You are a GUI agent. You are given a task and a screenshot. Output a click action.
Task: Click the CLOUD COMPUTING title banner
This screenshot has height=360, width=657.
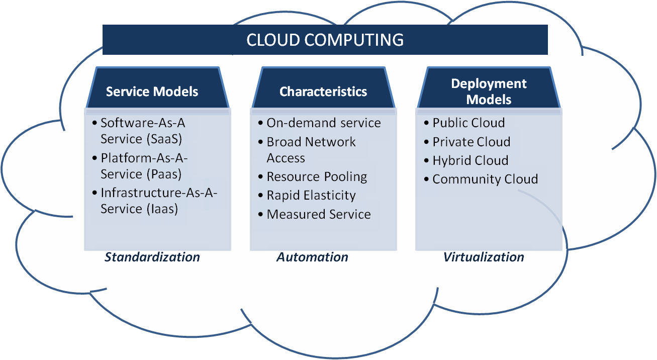[325, 40]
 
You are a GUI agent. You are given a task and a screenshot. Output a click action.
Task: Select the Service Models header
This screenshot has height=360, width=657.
[152, 92]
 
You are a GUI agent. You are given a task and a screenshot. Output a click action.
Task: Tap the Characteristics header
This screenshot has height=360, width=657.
[323, 92]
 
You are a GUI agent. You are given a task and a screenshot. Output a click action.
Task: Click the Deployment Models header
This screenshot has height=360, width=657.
[489, 91]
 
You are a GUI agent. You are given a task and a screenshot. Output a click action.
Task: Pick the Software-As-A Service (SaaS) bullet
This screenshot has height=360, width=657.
[142, 130]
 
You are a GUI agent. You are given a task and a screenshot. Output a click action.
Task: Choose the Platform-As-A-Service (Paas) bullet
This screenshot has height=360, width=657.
[144, 166]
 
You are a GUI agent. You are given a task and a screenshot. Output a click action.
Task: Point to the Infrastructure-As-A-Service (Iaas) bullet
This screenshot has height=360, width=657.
[158, 201]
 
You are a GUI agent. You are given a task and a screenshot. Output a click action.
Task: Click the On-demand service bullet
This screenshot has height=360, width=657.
[323, 123]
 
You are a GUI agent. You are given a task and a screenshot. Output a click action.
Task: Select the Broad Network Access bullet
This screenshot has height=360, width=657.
[311, 150]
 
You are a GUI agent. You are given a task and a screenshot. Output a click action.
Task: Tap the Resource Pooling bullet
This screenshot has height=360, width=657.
[317, 177]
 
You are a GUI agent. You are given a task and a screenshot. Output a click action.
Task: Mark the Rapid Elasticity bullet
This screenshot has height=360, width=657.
[311, 195]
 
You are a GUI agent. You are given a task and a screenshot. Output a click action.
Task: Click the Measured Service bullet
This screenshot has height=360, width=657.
[318, 214]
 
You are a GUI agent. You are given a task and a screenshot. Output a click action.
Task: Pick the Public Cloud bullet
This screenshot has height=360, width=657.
[468, 123]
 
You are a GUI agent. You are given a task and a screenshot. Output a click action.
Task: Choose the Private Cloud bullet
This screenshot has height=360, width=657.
[471, 142]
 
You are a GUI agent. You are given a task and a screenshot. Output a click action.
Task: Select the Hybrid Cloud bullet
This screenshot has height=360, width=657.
[470, 160]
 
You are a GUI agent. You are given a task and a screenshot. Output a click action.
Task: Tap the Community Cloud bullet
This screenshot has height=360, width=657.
[485, 179]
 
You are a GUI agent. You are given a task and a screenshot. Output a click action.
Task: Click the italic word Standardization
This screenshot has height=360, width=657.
[152, 257]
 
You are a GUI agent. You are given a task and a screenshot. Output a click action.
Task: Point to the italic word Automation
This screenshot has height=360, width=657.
[312, 257]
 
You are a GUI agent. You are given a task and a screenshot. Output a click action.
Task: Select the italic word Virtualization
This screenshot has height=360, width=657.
[484, 257]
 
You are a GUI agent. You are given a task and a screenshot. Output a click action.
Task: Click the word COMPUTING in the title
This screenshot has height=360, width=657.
[357, 40]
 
